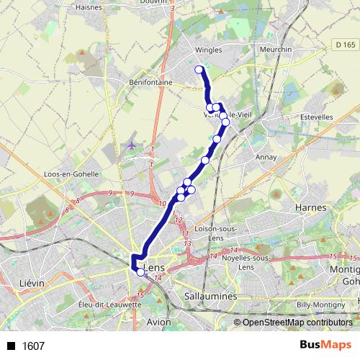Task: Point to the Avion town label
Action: [159, 322]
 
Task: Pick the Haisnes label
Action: [88, 7]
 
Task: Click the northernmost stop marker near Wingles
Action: [199, 70]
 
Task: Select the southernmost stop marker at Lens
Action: [140, 272]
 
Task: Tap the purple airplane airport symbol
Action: [132, 145]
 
